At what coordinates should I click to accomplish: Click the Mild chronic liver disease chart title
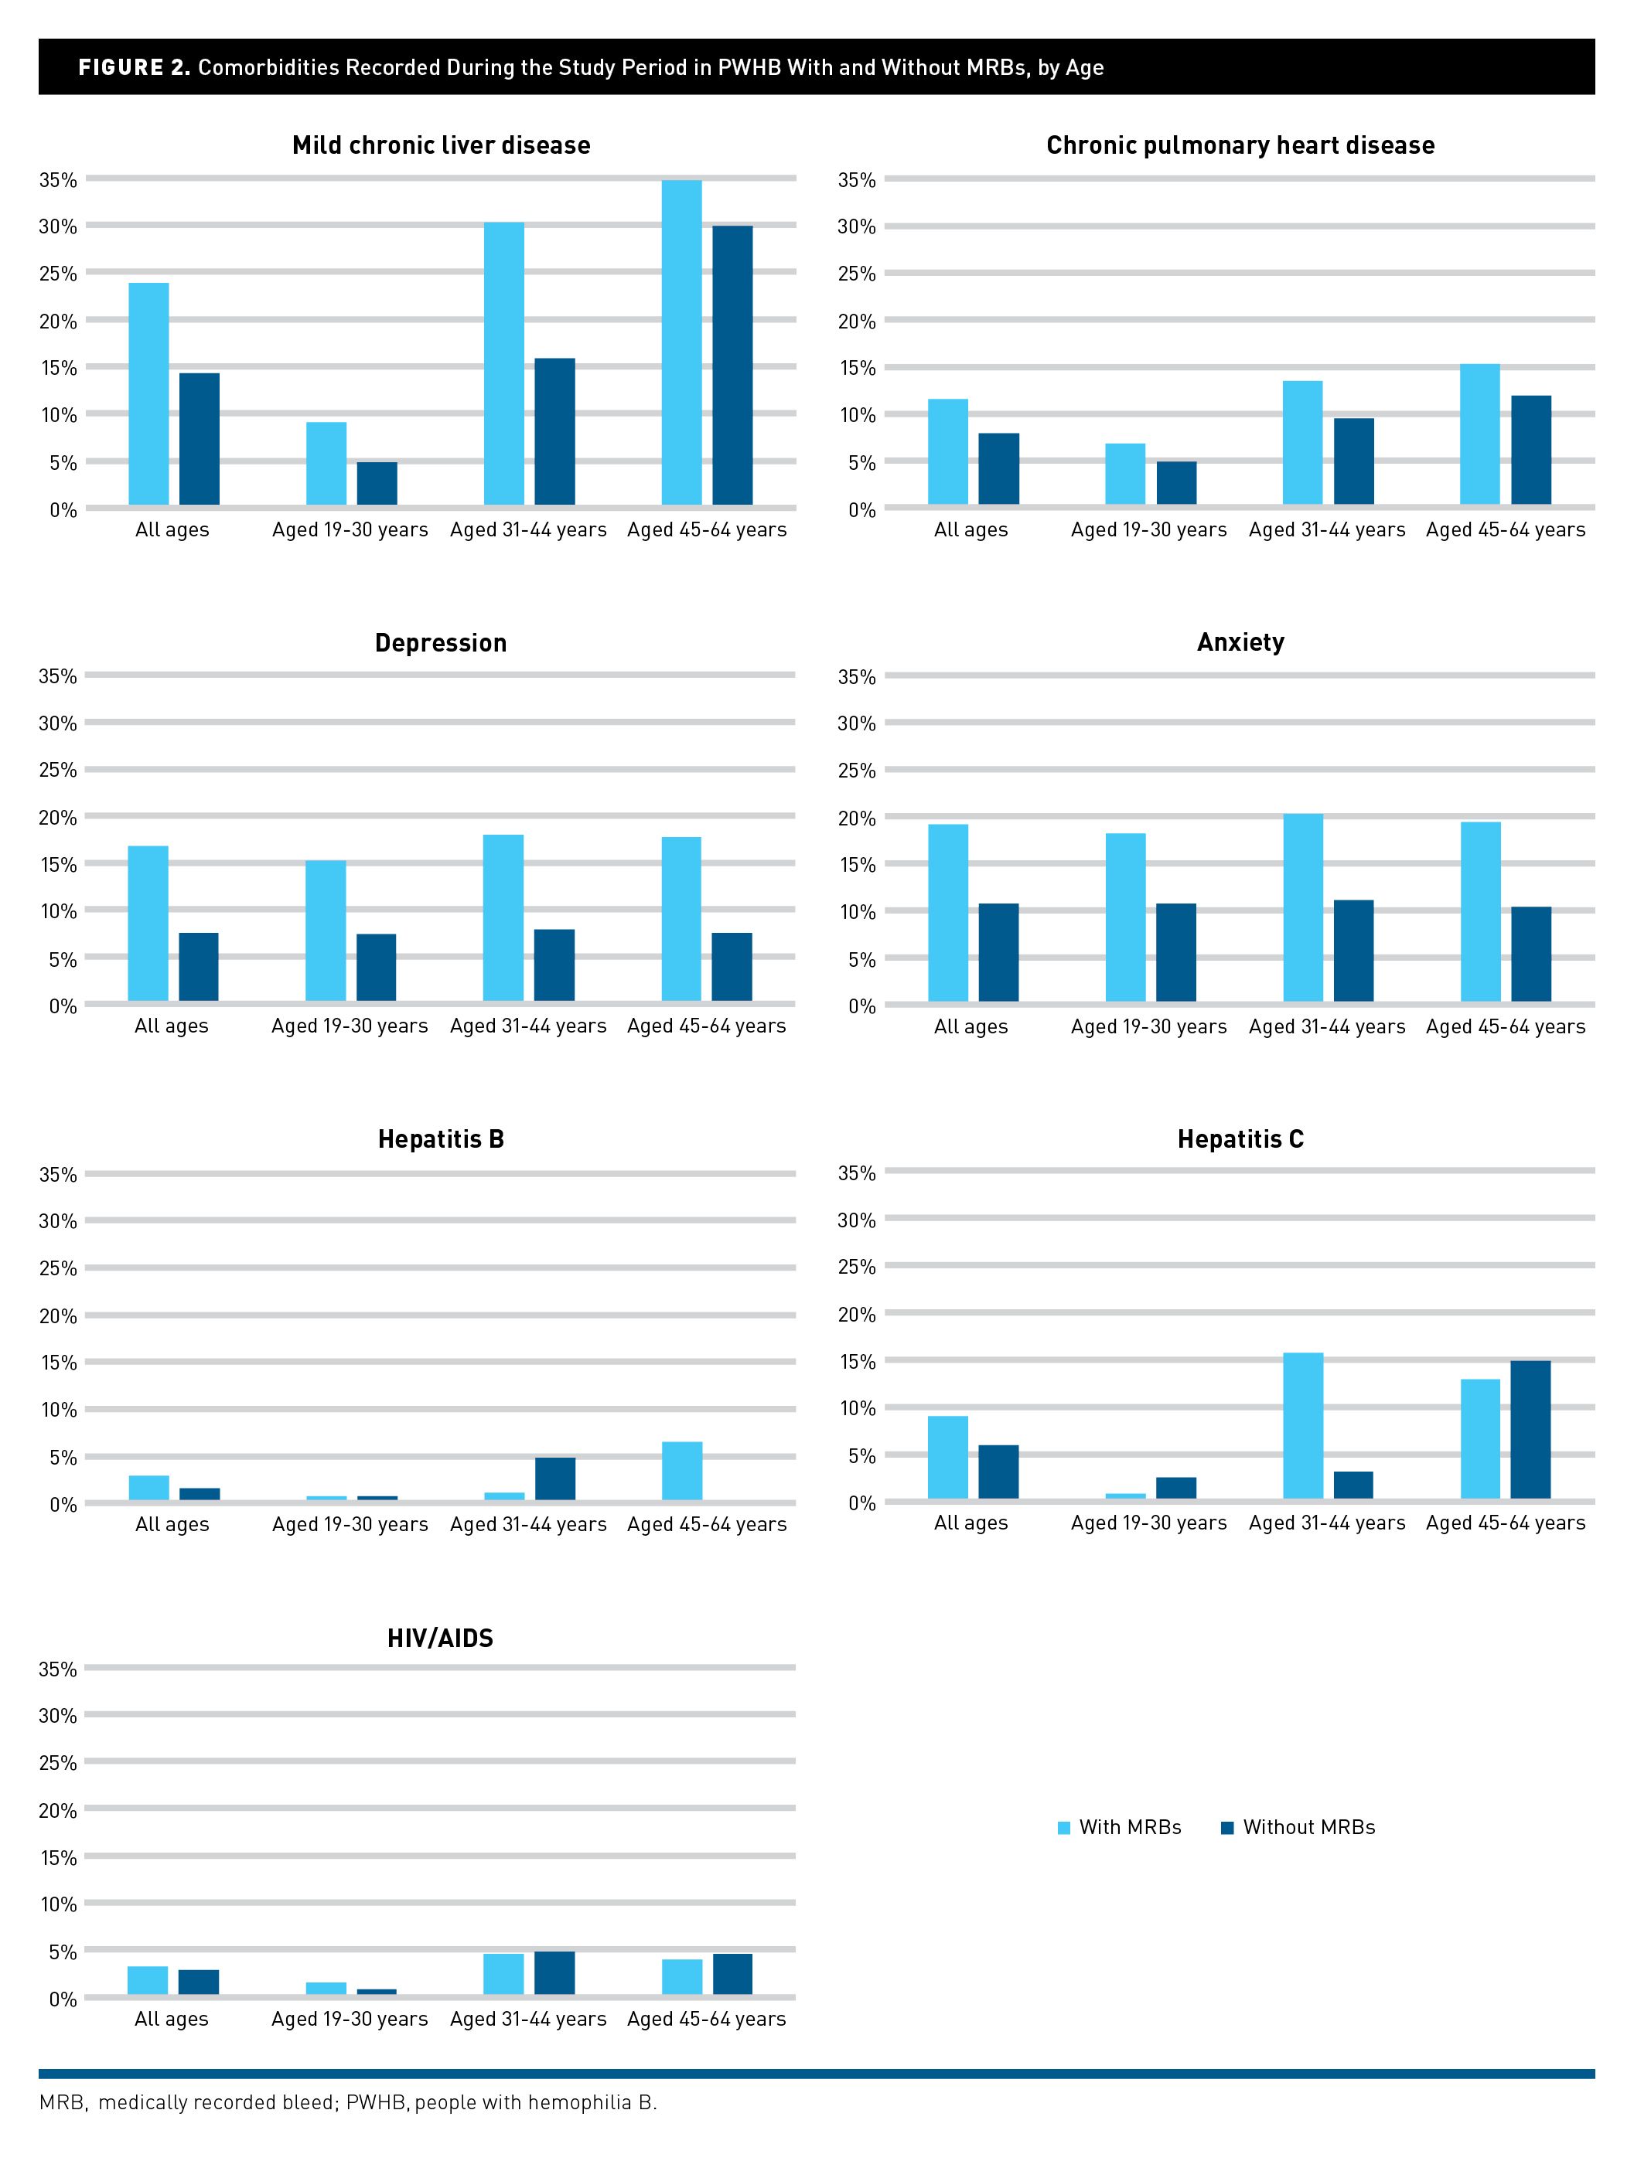(x=441, y=145)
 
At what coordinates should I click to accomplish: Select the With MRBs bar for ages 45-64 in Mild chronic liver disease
(x=681, y=342)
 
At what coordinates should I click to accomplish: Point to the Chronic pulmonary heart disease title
(x=1240, y=145)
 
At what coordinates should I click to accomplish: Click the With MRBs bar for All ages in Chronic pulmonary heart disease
(x=948, y=451)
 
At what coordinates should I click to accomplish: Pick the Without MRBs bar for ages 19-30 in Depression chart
(x=377, y=967)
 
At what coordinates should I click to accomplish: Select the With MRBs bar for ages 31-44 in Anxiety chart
(x=1303, y=907)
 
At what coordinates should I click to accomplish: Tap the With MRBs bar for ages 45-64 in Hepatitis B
(x=681, y=1472)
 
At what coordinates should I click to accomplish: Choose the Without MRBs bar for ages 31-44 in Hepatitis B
(x=554, y=1479)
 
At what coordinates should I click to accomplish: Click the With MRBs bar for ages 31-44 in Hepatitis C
(x=1303, y=1426)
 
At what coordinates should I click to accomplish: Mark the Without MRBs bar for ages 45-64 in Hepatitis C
(x=1530, y=1431)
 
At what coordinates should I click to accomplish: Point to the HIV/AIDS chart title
(x=440, y=1639)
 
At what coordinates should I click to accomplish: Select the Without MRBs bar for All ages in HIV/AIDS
(x=199, y=1982)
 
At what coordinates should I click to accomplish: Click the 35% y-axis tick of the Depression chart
(x=58, y=676)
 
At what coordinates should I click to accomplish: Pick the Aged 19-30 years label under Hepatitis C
(x=1148, y=1523)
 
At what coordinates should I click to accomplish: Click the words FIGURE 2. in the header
(x=134, y=67)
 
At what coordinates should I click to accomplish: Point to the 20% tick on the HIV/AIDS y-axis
(x=58, y=1810)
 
